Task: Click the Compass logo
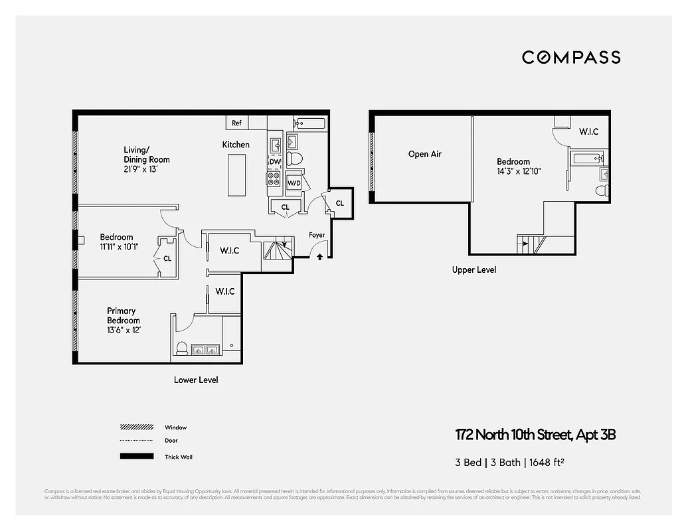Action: tap(571, 57)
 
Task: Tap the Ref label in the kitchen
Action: tap(236, 123)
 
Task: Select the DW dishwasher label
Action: tap(275, 162)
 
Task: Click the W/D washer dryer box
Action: tap(294, 183)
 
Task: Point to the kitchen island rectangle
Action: tap(236, 174)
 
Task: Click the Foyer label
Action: tap(317, 235)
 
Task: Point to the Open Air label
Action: tap(424, 154)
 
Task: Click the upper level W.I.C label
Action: tap(588, 131)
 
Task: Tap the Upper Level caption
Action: tap(473, 270)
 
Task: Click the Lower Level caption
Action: tap(196, 380)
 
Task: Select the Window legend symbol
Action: tap(136, 427)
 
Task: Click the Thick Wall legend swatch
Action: tap(136, 457)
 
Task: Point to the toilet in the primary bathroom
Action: tap(182, 348)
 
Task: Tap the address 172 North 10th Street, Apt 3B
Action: tap(536, 435)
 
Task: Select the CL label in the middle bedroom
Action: tap(167, 258)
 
